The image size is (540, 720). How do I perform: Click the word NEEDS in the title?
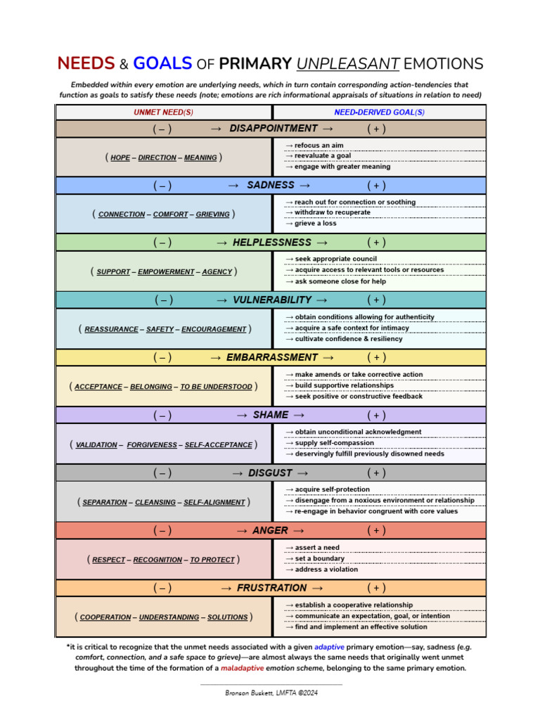coord(86,63)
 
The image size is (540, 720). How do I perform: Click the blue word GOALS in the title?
coord(162,63)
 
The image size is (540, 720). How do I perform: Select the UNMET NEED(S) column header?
coord(164,112)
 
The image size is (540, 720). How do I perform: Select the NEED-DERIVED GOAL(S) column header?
coord(379,112)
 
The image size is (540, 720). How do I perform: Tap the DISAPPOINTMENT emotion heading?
coord(274,128)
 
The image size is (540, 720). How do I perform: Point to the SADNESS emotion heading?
coord(271,185)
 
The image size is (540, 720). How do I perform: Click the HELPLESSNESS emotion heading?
coord(271,242)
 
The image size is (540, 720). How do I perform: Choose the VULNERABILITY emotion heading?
coord(272,300)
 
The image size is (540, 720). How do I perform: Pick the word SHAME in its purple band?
coord(271,415)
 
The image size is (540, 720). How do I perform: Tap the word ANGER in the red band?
coord(270,530)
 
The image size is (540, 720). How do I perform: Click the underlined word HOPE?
coord(120,157)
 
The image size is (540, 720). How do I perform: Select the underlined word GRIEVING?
coord(213,214)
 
